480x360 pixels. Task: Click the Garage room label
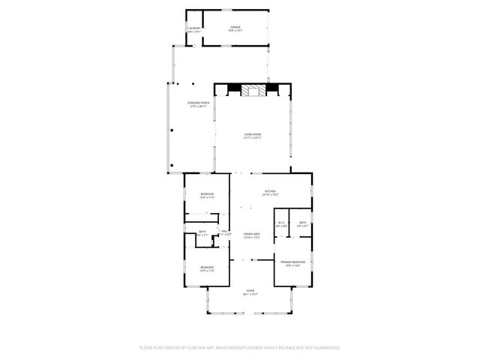click(235, 27)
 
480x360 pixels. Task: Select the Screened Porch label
click(197, 103)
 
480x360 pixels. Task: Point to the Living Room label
click(253, 134)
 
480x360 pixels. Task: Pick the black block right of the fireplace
click(272, 88)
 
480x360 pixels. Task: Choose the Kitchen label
click(270, 191)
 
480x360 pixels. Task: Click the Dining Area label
click(252, 235)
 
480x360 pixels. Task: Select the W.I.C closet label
click(282, 222)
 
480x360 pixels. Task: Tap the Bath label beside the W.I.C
click(302, 222)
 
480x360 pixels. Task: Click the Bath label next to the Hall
click(202, 232)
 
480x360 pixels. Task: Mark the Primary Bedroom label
click(292, 262)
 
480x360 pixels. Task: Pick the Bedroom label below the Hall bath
click(207, 267)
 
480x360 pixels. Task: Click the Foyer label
click(250, 290)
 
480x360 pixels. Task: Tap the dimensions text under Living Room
click(253, 139)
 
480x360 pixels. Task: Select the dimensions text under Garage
click(235, 31)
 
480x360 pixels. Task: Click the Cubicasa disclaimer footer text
click(240, 348)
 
